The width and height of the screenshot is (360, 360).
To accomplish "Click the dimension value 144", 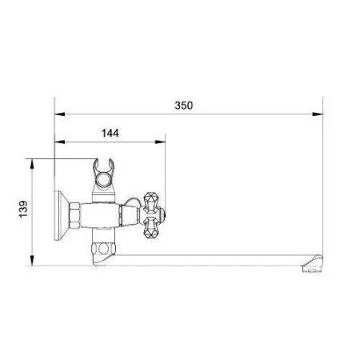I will coord(112,133).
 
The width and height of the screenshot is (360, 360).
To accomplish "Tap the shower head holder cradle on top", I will coord(105,170).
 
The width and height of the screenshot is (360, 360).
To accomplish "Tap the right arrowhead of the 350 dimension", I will coord(319,114).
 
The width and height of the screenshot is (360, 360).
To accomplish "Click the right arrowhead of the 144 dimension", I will coord(162,142).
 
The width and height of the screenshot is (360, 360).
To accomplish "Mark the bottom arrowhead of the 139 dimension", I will coord(32,268).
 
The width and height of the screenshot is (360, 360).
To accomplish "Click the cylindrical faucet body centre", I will coord(104,214).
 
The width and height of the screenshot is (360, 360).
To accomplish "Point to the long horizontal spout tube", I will coord(216,258).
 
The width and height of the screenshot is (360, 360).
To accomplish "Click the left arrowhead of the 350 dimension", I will coord(58,114).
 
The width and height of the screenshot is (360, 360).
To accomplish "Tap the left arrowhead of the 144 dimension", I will coord(58,142).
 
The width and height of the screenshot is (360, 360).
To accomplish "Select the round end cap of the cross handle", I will coord(162,214).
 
